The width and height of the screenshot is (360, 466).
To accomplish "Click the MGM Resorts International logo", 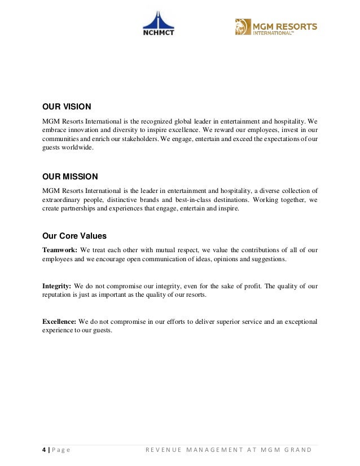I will pos(276,27).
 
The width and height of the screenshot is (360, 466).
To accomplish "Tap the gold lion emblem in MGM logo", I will pos(243,27).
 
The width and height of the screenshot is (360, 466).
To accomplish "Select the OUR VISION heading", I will pos(67,106).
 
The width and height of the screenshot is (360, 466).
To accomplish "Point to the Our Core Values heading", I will pos(74,236).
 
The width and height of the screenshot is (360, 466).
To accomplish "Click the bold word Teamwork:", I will pos(60,250).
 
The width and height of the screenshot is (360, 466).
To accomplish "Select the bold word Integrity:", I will pos(57,286).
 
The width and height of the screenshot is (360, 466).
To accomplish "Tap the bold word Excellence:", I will pos(60,322).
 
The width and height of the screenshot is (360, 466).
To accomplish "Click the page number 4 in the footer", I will pos(45,449).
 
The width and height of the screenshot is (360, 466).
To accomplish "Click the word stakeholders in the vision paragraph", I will pos(134,138).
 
